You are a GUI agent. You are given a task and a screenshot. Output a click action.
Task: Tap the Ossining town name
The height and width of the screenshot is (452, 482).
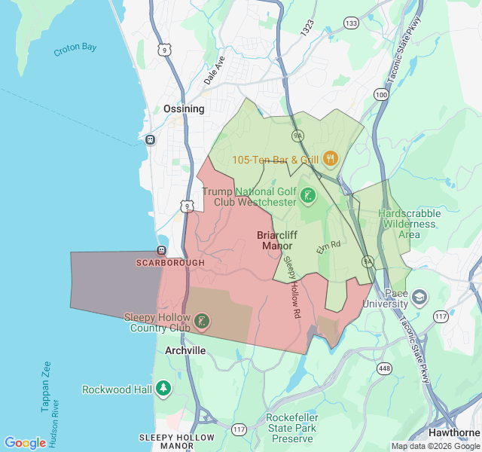(184, 109)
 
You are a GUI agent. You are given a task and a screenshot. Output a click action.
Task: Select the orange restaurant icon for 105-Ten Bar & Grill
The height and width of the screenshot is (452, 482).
(331, 160)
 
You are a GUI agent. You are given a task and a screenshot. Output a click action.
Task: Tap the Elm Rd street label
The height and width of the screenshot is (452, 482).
(329, 246)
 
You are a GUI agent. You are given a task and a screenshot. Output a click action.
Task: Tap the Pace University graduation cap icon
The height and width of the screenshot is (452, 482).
(419, 298)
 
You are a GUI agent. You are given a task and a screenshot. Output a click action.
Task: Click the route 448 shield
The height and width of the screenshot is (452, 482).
(385, 368)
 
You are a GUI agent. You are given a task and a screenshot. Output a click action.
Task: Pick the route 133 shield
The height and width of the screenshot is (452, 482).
(351, 24)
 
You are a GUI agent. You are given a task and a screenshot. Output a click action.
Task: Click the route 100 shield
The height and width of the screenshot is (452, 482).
(382, 95)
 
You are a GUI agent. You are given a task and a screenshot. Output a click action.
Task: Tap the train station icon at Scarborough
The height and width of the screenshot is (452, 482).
(161, 250)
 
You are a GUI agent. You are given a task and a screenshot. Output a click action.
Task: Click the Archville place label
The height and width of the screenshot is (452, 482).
(185, 351)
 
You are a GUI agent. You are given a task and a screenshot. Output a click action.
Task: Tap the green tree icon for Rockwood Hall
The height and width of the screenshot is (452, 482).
(163, 389)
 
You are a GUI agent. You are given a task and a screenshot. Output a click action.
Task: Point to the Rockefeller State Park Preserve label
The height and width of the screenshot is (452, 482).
(292, 428)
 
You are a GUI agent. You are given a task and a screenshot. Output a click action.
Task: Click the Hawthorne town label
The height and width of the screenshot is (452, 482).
(453, 432)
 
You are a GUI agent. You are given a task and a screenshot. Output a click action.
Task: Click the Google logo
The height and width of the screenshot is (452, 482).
(25, 443)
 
